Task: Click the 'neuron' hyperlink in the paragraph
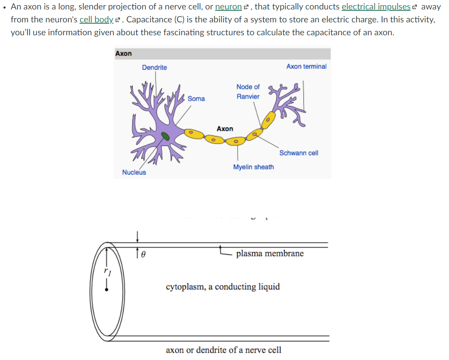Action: click(x=228, y=7)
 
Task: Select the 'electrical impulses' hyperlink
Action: click(x=376, y=7)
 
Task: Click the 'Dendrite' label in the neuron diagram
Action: click(x=154, y=68)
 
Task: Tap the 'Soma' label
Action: click(x=196, y=98)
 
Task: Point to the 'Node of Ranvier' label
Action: click(x=248, y=92)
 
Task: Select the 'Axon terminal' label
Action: click(x=306, y=66)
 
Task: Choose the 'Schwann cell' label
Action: click(x=299, y=153)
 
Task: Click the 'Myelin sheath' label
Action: click(x=253, y=167)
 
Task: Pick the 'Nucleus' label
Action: click(x=134, y=172)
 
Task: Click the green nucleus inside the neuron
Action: click(x=165, y=136)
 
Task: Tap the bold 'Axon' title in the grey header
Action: click(x=124, y=53)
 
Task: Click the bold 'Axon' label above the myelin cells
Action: click(x=225, y=129)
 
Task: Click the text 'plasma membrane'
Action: click(x=270, y=253)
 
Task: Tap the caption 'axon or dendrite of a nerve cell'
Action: click(x=223, y=350)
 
